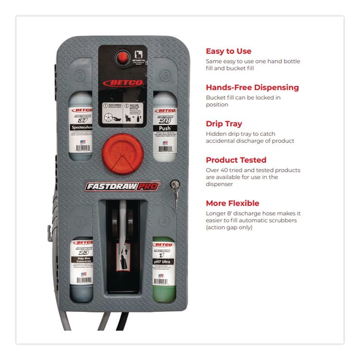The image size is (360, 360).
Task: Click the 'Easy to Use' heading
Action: coord(228,51)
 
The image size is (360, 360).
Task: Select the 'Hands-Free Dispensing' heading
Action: coord(252,87)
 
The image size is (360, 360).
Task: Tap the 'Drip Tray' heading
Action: coord(224,124)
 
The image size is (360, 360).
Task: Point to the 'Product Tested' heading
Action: coord(236,160)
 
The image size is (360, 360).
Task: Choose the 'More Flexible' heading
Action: coord(232,203)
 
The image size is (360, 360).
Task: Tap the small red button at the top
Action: coord(123,58)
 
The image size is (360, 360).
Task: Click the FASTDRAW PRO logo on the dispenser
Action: coord(123,186)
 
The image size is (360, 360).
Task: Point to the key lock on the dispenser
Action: coord(175,184)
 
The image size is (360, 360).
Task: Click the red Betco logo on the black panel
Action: coord(122,83)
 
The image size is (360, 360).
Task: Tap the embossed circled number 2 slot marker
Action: coord(81,75)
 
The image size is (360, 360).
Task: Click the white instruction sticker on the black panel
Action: coord(122,113)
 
